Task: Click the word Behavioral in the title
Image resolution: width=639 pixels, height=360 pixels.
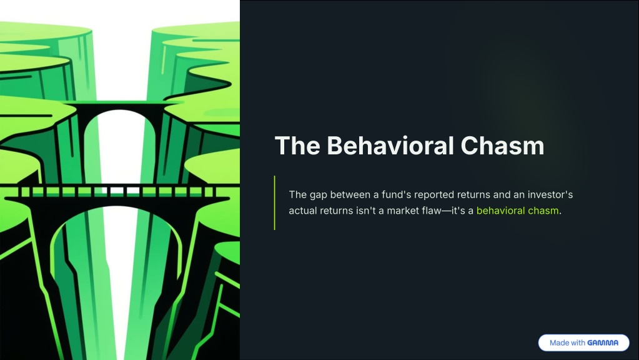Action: pos(390,146)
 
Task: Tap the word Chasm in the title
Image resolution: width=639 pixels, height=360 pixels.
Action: pos(502,146)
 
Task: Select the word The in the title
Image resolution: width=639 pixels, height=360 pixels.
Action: pos(297,146)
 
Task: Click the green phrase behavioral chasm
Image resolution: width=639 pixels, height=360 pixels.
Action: pos(517,211)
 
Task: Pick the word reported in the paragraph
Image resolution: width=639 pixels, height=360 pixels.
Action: pos(434,195)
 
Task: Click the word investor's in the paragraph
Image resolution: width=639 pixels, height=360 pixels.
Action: pos(550,195)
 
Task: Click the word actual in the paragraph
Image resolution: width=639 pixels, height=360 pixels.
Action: pos(303,211)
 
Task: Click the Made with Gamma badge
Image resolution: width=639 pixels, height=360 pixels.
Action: pos(583,343)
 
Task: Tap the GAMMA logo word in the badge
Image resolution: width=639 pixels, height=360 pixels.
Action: pos(603,343)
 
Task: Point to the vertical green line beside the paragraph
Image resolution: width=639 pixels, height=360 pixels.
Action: pos(275,202)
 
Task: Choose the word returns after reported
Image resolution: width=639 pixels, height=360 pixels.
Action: pos(473,195)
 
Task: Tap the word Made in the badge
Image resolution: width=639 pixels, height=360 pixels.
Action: pos(559,343)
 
